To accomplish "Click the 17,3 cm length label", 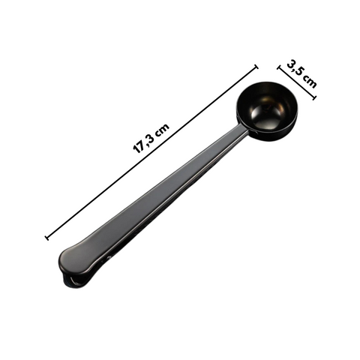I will pos(151,136).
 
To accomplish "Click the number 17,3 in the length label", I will pos(145,140).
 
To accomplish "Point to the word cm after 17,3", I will pos(163,126).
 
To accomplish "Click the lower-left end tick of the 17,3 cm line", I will pos(48,238).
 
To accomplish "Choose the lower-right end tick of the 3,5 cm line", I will pos(313,97).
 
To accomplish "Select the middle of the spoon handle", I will pos(165,196).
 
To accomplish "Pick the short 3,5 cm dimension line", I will pos(297,82).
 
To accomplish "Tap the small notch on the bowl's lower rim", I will pos(253,135).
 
